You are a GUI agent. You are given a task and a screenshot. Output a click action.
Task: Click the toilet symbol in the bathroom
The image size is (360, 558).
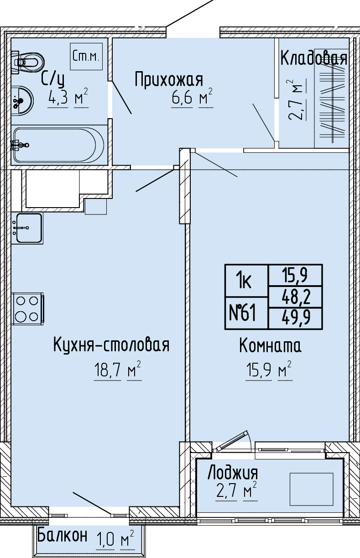28,62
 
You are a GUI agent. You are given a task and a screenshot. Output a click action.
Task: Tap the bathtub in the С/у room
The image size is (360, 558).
59,145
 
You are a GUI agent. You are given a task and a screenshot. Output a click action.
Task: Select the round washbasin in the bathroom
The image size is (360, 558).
22,100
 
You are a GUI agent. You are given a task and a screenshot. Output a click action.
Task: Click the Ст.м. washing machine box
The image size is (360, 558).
86,56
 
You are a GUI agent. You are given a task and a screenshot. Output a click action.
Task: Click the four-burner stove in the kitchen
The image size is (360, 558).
28,308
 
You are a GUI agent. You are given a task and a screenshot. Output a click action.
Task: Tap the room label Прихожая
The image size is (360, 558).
169,80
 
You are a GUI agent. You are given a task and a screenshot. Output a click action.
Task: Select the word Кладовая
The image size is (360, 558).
313,58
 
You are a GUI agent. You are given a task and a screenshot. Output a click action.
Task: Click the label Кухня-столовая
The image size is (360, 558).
111,345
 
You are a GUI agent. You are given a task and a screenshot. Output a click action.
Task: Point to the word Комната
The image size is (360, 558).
270,346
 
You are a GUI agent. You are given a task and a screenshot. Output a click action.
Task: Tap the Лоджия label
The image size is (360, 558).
233,473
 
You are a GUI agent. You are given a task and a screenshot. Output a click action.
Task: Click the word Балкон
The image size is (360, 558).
63,534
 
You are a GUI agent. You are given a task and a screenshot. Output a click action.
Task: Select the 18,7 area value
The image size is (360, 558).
108,370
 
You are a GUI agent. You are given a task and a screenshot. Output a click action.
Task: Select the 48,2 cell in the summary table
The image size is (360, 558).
296,297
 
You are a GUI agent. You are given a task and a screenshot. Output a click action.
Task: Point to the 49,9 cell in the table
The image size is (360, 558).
296,318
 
